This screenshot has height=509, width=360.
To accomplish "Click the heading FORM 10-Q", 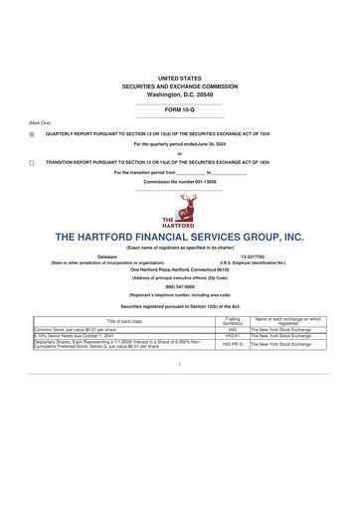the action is point(179,109).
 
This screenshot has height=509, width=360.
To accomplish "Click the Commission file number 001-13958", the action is point(179,182).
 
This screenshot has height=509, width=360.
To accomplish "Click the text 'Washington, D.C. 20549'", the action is point(179,93).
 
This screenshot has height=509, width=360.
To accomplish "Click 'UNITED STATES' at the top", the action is point(179,77).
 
